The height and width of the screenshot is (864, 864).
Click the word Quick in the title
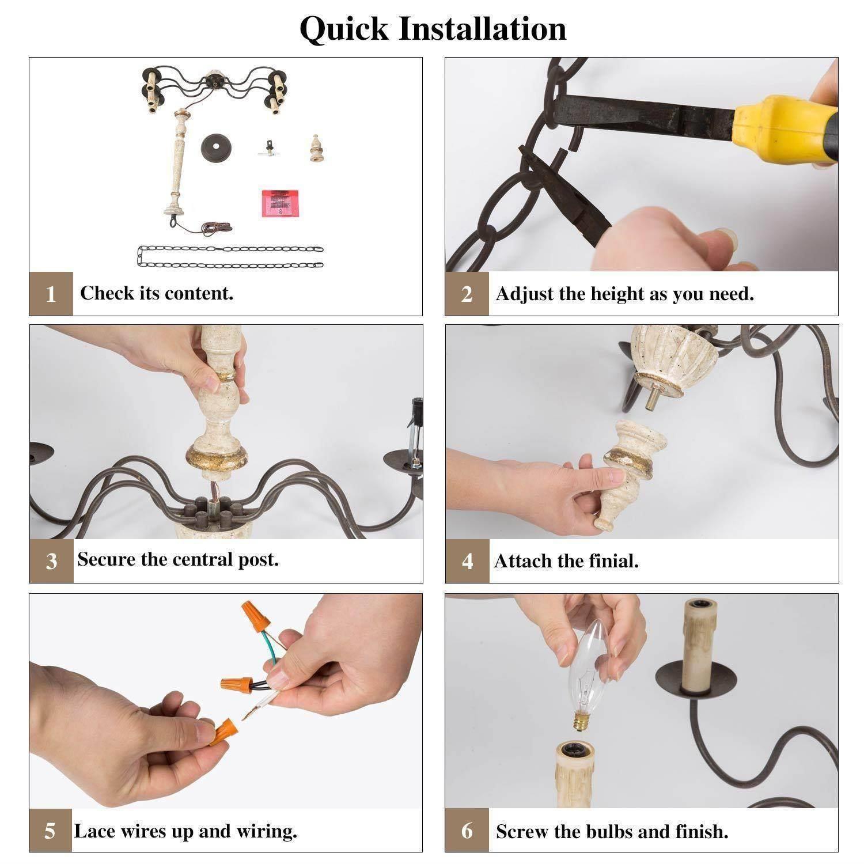344,29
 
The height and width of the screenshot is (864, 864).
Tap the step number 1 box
51,294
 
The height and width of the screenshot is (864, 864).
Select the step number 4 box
467,561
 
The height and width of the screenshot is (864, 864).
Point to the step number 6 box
467,830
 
